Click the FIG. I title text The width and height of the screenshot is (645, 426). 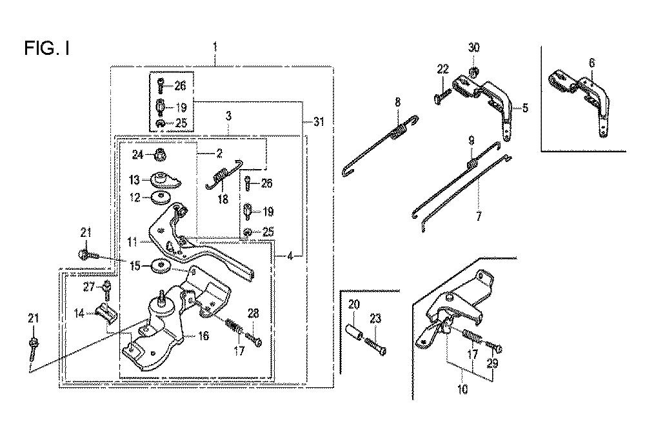coord(47,48)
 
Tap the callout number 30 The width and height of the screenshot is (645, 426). coord(474,47)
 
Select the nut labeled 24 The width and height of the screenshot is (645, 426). coord(161,156)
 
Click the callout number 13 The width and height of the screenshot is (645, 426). coord(135,180)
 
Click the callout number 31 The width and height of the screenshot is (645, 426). coord(319,122)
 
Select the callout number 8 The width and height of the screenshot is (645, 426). coord(397,102)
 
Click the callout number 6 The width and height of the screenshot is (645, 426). coord(591,63)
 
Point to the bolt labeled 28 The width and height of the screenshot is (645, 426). coord(253,340)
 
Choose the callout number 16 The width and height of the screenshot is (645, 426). coord(204,336)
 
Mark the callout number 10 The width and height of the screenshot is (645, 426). coord(462,389)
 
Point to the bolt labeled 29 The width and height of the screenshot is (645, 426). coord(494,346)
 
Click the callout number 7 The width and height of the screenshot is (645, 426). coord(479,216)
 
